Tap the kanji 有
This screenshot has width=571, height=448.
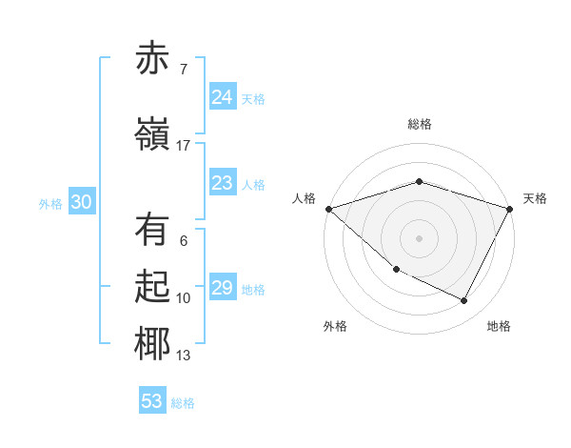point(152,230)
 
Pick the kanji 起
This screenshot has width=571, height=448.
point(152,288)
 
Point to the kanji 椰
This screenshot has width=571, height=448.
point(152,345)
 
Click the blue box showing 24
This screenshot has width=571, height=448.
point(222,97)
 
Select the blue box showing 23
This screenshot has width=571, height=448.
point(222,183)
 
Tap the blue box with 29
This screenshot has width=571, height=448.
point(222,288)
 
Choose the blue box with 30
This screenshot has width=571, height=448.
point(81,202)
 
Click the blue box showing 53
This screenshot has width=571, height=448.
point(151,401)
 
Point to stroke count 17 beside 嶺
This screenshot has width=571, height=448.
point(184,145)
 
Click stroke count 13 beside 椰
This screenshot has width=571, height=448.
point(184,356)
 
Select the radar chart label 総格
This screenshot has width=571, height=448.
point(420,124)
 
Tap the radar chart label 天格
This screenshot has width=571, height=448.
point(535,198)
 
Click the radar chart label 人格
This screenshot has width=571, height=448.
point(305,198)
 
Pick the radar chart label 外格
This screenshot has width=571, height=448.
point(335,326)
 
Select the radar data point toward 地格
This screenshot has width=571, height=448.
point(464,301)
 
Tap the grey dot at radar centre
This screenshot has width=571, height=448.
point(420,238)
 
